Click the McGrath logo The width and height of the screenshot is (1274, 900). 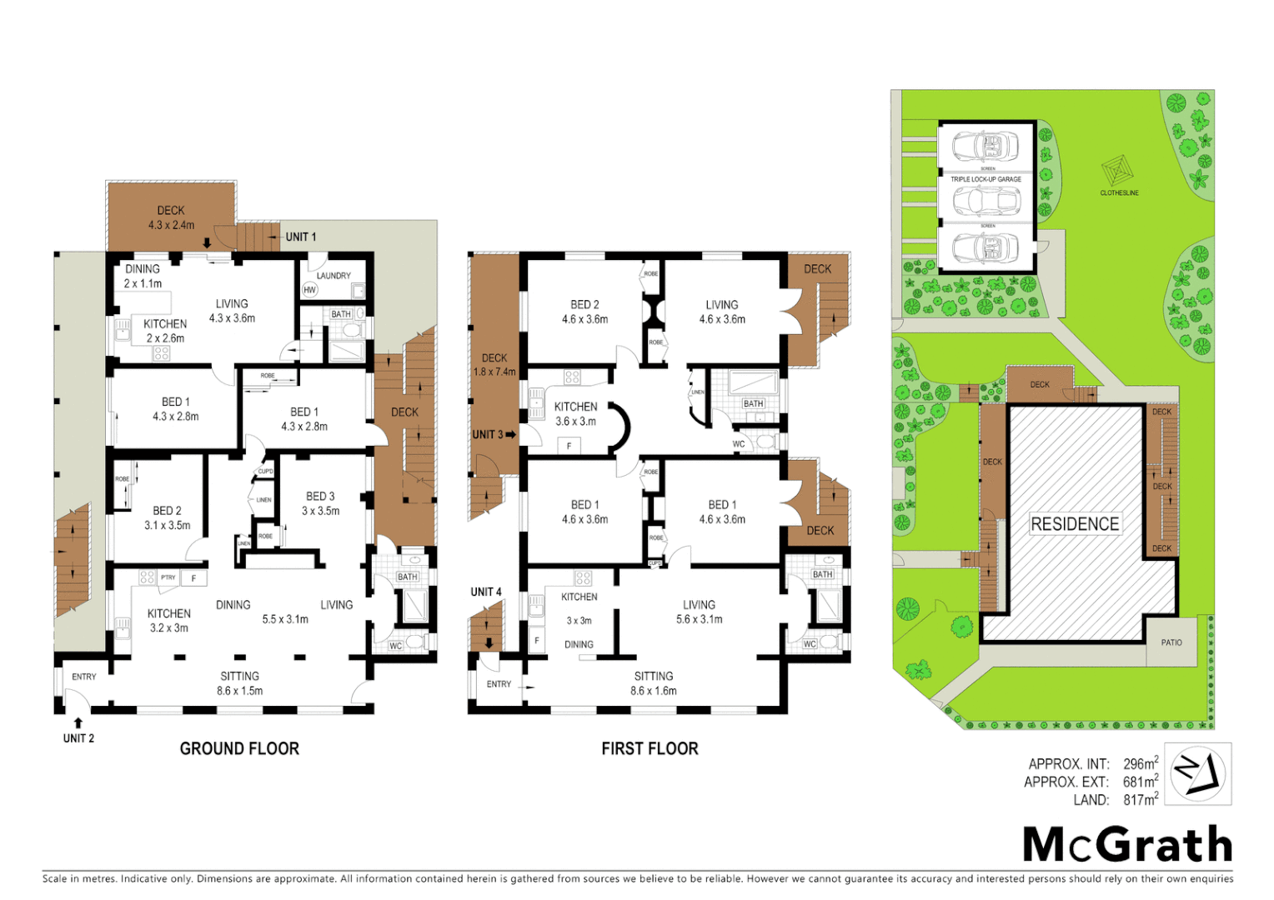click(1127, 844)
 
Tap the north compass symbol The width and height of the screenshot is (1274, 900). click(1197, 773)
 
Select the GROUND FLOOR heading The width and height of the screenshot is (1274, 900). click(239, 748)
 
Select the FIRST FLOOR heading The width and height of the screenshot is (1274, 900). click(650, 748)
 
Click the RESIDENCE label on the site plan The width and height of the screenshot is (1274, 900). click(1075, 524)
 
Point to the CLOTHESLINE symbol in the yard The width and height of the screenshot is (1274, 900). click(1118, 172)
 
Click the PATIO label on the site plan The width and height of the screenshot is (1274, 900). click(1171, 642)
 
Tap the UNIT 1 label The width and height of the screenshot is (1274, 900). click(301, 237)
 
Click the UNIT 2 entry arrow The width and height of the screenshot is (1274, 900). click(78, 722)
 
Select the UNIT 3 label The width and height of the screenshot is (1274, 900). click(487, 435)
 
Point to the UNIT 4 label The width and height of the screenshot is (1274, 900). click(486, 592)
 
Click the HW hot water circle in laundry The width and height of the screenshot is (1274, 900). click(310, 290)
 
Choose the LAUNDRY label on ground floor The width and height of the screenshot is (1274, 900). click(334, 276)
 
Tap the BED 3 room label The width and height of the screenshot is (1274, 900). click(320, 496)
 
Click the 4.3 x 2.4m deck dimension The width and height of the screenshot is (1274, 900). click(171, 225)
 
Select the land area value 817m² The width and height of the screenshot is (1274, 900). click(1140, 800)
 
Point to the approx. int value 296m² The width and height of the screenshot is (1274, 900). click(1140, 763)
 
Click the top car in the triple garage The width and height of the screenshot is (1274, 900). click(986, 146)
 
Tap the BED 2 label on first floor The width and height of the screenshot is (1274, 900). click(584, 305)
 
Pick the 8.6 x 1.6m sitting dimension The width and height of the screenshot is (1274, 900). click(653, 691)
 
